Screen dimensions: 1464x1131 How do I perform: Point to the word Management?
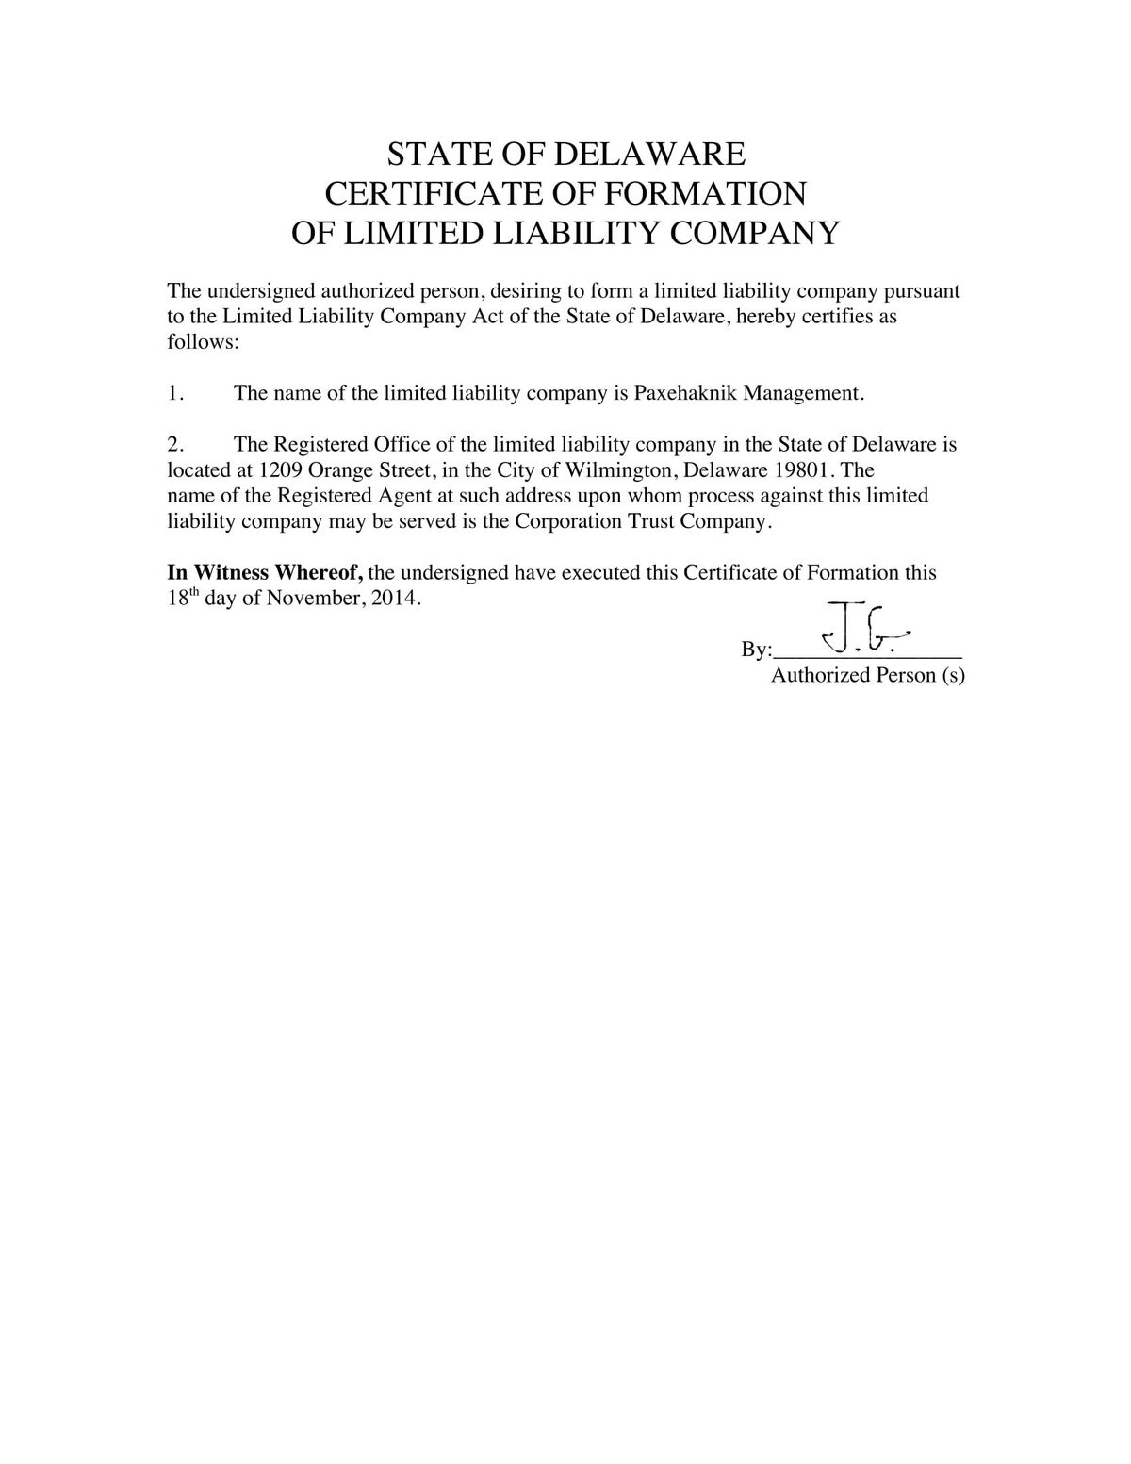pyautogui.click(x=802, y=393)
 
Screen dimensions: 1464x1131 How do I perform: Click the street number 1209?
pyautogui.click(x=279, y=469)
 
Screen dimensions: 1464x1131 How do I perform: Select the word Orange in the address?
pyautogui.click(x=342, y=469)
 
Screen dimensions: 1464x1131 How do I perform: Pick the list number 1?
pyautogui.click(x=174, y=393)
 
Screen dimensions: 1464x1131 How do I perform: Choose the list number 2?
pyautogui.click(x=174, y=444)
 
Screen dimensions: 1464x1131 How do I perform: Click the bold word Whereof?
pyautogui.click(x=319, y=572)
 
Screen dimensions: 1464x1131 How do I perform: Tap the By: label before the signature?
pyautogui.click(x=756, y=650)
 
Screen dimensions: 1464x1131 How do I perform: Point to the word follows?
pyautogui.click(x=204, y=341)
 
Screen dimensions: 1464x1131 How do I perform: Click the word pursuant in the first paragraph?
pyautogui.click(x=921, y=290)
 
